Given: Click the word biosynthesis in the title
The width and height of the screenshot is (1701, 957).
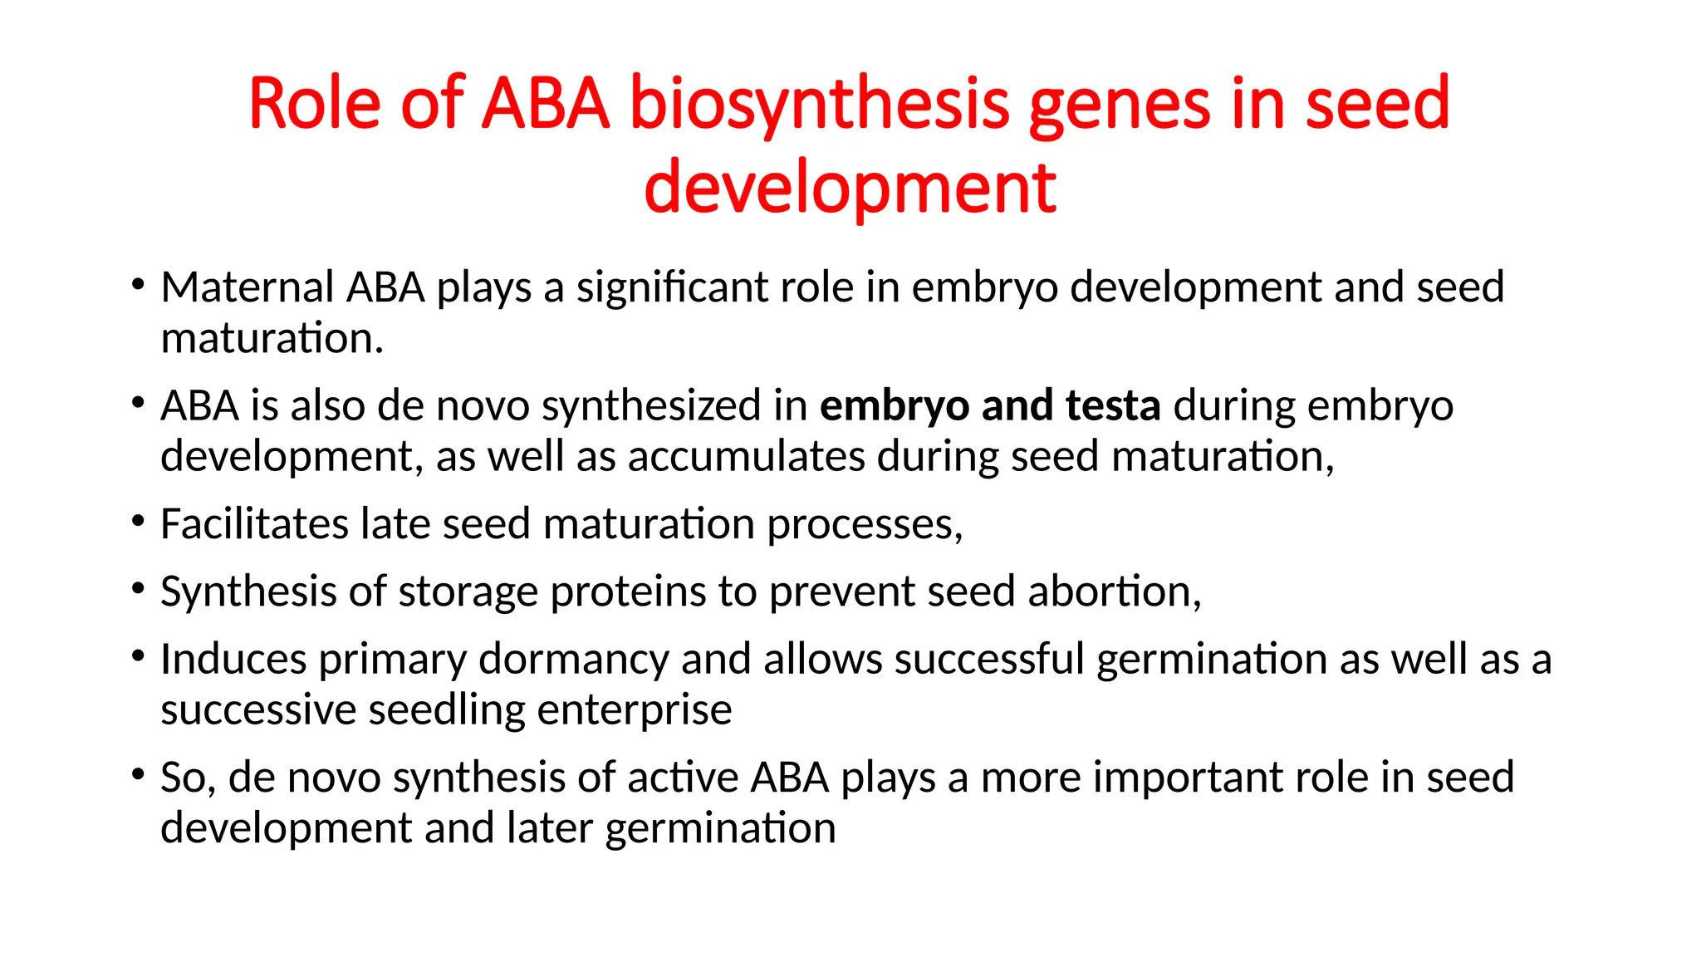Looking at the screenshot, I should tap(819, 106).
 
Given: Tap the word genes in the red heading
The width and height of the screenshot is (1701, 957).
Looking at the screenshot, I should tap(1120, 106).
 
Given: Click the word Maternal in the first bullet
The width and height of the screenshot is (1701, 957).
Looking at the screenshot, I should tap(247, 287).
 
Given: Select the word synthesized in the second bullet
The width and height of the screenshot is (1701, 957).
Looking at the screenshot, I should tap(651, 406).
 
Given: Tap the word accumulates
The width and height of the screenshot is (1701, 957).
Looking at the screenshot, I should tap(746, 457).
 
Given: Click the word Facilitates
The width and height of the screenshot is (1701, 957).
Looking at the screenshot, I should tap(254, 524).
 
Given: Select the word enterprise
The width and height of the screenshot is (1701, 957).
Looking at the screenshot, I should tap(635, 711).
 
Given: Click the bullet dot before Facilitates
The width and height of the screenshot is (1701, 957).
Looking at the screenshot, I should tap(138, 522).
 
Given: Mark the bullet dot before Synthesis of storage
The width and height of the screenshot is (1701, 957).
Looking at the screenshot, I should tap(138, 589).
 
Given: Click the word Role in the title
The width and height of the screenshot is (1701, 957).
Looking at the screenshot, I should tap(314, 106).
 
